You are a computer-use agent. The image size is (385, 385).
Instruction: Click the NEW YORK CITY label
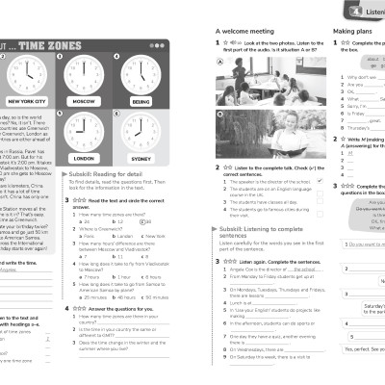(x=27, y=100)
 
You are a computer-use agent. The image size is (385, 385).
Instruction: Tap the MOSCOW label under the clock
(x=84, y=100)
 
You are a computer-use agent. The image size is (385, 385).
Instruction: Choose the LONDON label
(x=84, y=158)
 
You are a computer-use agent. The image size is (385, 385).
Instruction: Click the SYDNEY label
(x=140, y=158)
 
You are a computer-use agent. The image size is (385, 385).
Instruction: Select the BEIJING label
(x=141, y=100)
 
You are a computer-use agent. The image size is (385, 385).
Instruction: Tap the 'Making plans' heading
(x=353, y=32)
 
